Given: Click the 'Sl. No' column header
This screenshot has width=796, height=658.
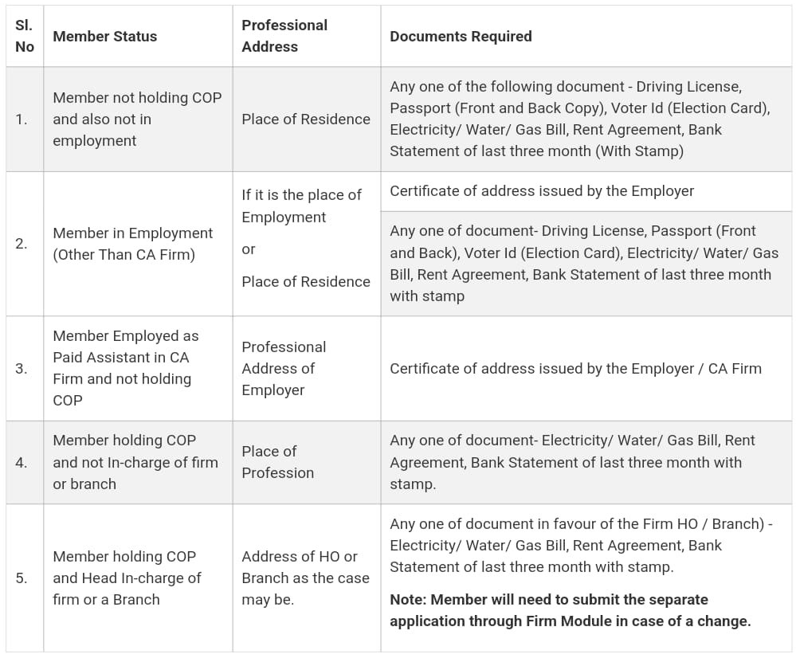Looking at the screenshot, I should pyautogui.click(x=25, y=36).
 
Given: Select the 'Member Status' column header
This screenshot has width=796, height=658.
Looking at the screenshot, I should pyautogui.click(x=104, y=37).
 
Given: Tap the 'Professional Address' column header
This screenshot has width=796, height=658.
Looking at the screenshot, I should pyautogui.click(x=284, y=36).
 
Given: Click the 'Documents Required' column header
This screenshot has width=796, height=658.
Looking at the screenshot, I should pyautogui.click(x=461, y=37).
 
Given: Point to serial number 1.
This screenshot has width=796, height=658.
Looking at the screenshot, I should pyautogui.click(x=22, y=119).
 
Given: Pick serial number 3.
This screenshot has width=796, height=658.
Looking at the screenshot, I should pyautogui.click(x=22, y=369).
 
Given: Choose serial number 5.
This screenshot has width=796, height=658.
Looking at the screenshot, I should pyautogui.click(x=22, y=578).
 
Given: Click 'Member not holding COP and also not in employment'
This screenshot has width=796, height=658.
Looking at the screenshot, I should pyautogui.click(x=137, y=119).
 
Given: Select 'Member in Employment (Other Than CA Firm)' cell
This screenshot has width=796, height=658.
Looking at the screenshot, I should pyautogui.click(x=132, y=244).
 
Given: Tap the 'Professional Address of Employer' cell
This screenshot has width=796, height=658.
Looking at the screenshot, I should pyautogui.click(x=284, y=369).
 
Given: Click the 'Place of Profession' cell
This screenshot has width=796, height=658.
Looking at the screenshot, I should pyautogui.click(x=277, y=462).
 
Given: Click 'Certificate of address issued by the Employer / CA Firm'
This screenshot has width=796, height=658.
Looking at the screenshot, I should pyautogui.click(x=575, y=369).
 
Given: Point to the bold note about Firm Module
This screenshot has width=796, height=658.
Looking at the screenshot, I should pyautogui.click(x=570, y=610).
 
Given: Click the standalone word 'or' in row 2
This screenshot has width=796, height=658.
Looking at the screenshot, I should pyautogui.click(x=249, y=249).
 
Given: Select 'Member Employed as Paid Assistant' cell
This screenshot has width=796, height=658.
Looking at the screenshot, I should pyautogui.click(x=125, y=368).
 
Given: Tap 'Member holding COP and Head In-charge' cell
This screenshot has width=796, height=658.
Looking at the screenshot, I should pyautogui.click(x=127, y=578).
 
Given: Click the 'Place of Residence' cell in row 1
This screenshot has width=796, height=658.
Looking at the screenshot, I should pyautogui.click(x=306, y=119).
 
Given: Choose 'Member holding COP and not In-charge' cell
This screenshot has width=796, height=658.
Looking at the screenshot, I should pyautogui.click(x=135, y=462).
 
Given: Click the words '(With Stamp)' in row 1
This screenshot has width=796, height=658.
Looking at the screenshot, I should pyautogui.click(x=638, y=151).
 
